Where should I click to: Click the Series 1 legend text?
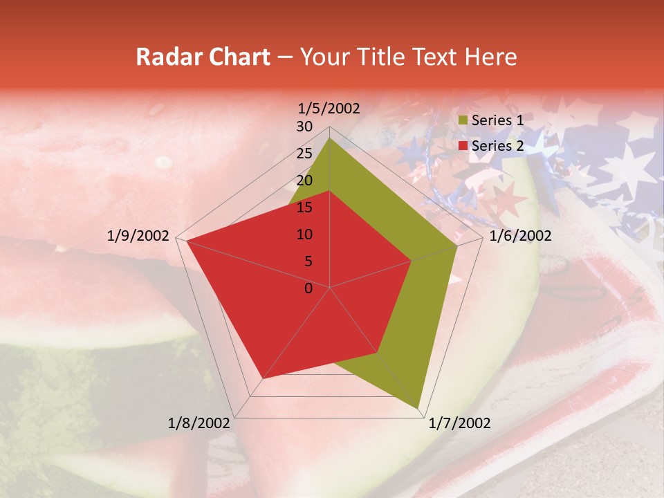497,120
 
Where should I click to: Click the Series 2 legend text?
497,146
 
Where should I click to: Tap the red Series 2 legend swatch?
463,146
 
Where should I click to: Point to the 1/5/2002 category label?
329,108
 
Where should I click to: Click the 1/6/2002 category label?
520,236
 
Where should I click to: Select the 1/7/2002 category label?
459,423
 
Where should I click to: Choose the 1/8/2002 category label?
199,423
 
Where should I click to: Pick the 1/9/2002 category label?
138,236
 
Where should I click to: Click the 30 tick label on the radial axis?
304,127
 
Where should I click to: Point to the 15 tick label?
304,207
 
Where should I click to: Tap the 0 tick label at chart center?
308,288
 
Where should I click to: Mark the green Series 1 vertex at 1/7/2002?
418,408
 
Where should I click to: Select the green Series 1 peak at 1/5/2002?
330,138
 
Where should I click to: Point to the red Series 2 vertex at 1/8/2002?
263,379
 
